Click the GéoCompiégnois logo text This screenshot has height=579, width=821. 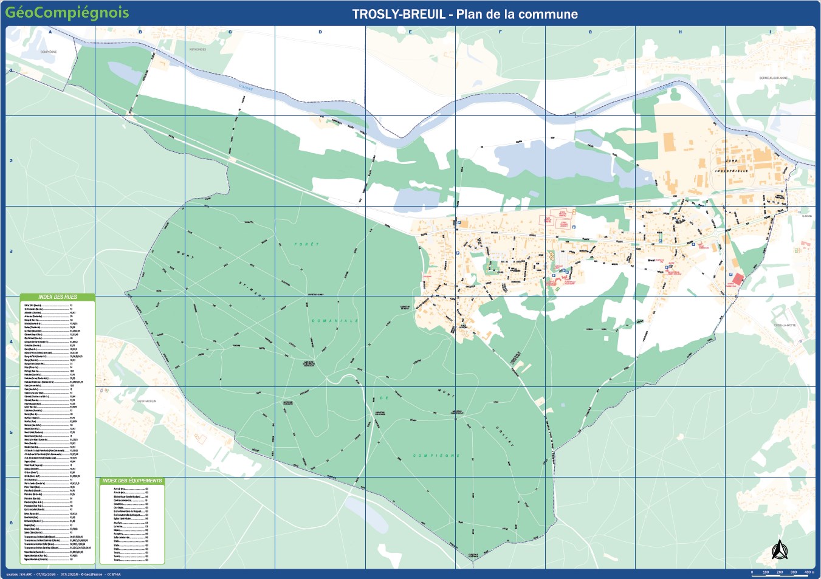coord(67,13)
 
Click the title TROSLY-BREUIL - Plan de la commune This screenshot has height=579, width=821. coord(465,14)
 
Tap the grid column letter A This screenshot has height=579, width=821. coord(50,32)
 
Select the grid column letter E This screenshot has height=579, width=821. coord(410,32)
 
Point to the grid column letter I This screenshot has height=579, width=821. coord(770,32)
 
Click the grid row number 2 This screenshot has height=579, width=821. coord(11,161)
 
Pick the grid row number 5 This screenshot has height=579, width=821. coord(11,433)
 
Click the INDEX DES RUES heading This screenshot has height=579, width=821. coord(58,297)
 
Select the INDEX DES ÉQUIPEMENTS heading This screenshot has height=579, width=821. coord(132,481)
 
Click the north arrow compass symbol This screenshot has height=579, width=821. coord(778,550)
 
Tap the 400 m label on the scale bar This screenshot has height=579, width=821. coord(808,572)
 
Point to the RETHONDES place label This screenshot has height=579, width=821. coord(198,49)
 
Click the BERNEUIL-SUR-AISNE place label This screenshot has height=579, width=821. coord(773,78)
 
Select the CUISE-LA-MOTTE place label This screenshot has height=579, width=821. coord(785,325)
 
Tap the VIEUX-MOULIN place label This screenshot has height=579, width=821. coord(146,401)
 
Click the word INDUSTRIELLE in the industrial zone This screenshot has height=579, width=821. coord(732,171)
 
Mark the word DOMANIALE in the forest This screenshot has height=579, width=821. coord(335,321)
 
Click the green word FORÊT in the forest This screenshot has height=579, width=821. coord(306,244)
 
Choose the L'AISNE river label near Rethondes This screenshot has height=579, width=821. coord(246,87)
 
